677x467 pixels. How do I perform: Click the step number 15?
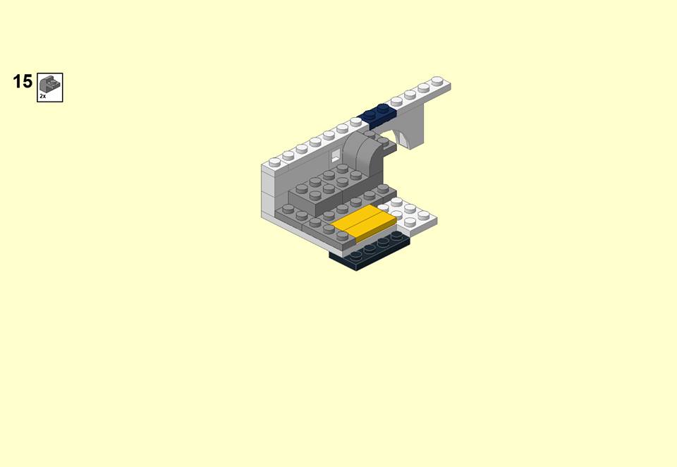23,82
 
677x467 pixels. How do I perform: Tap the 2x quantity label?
43,97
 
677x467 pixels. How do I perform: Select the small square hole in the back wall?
336,154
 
